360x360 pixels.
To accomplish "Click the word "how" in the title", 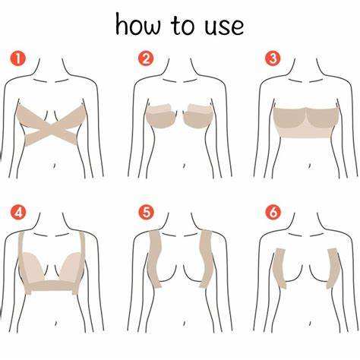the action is pos(138,24).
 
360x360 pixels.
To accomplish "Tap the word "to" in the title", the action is pos(183,25).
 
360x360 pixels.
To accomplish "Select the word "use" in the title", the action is pos(224,27).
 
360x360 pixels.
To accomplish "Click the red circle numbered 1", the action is pos(18,59).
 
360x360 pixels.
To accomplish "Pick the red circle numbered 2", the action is pos(146,58).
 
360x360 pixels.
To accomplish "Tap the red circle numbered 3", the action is pos(273,58).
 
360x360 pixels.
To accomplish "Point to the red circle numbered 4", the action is pos(18,213).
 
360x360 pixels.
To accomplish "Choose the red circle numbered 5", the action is pos(146,213).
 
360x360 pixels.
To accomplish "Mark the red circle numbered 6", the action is pos(273,213).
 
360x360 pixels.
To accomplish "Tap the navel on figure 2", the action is pos(184,166).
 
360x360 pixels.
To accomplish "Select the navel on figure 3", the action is pos(309,166).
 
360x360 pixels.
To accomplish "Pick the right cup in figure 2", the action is pos(198,115).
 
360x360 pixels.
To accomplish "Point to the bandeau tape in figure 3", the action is pos(306,122).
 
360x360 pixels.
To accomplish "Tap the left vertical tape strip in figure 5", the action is pos(155,259).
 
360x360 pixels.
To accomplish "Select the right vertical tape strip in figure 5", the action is pos(206,259).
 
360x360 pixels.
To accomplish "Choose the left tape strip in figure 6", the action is pos(280,268).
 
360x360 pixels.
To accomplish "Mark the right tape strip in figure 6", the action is pos(333,268).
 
